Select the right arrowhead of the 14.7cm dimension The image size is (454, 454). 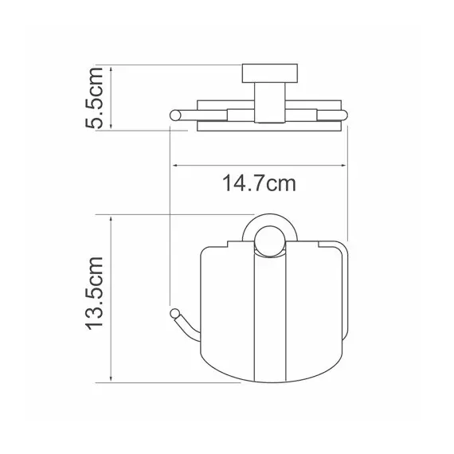[x=343, y=166]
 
